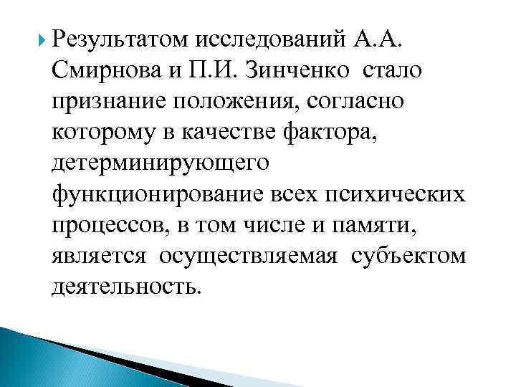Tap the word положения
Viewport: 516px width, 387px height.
228,101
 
